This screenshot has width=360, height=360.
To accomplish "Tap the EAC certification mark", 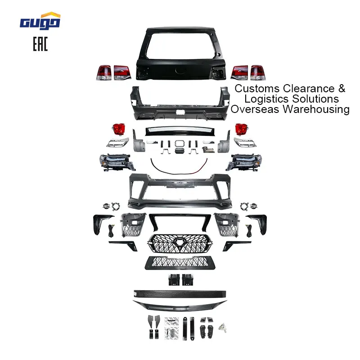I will tap(40, 45).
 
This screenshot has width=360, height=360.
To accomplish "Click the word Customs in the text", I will tap(256, 88).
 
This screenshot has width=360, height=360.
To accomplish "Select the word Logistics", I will tap(267, 99).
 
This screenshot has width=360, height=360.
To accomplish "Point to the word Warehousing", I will tap(316, 109).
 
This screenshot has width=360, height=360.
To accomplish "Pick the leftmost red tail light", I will tap(104, 72).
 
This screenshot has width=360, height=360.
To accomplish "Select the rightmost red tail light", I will tap(258, 72).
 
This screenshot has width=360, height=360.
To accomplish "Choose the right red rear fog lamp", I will tap(242, 130).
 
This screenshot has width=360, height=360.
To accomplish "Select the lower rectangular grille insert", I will tap(180, 262).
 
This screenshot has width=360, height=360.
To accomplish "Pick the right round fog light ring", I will tap(244, 207).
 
